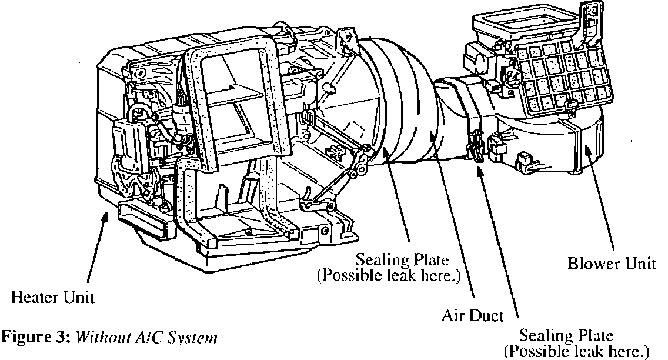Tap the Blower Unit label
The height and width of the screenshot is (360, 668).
pyautogui.click(x=612, y=264)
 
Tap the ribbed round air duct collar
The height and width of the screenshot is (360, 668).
pyautogui.click(x=394, y=100)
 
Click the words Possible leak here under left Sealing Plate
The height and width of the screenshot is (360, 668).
pyautogui.click(x=388, y=275)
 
